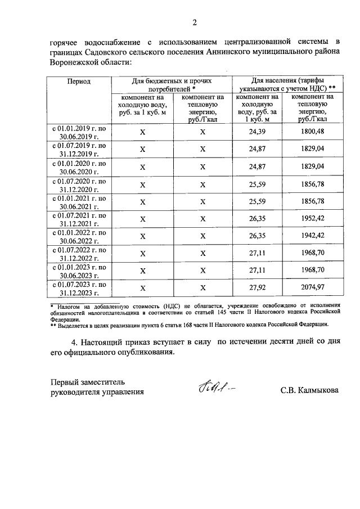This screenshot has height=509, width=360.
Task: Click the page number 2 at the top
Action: pos(195,22)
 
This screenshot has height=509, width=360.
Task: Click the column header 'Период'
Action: pos(79,81)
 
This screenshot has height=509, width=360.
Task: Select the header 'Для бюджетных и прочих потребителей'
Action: pos(172,85)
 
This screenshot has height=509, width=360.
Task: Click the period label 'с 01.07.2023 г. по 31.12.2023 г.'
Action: pos(79,289)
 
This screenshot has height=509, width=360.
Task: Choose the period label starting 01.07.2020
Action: pos(79,184)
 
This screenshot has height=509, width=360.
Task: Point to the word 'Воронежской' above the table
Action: pos(73,63)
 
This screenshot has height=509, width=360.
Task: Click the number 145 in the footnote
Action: pos(238,310)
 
